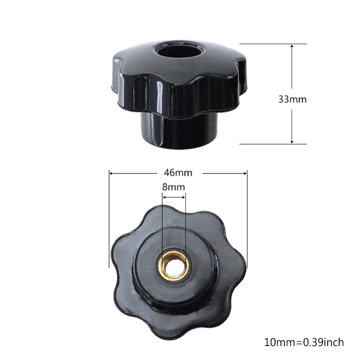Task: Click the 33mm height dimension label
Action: [x=292, y=99]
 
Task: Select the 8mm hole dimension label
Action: [x=174, y=187]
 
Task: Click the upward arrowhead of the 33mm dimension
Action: [x=292, y=47]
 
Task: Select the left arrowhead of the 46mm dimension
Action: [x=112, y=173]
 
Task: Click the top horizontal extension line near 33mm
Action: [x=273, y=44]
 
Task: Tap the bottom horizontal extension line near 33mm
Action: [x=273, y=144]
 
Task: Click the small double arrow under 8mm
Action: [x=174, y=197]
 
